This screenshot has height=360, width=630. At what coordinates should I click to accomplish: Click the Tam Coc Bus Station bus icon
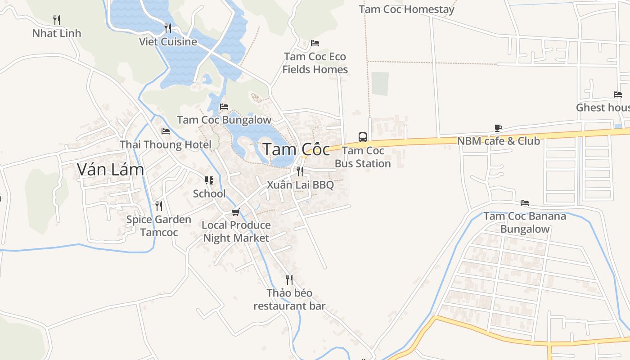pyautogui.click(x=362, y=137)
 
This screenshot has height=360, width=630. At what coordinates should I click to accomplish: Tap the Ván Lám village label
pyautogui.click(x=110, y=169)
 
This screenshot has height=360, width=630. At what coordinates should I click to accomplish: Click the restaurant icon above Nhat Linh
pyautogui.click(x=57, y=20)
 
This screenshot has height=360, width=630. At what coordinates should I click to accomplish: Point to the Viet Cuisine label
pyautogui.click(x=168, y=41)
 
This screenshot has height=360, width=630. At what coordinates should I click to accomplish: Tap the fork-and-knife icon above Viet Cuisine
pyautogui.click(x=168, y=28)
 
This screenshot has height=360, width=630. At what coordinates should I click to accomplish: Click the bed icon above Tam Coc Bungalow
pyautogui.click(x=224, y=107)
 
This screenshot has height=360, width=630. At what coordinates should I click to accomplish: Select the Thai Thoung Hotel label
pyautogui.click(x=165, y=144)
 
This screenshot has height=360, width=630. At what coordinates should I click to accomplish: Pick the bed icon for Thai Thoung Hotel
pyautogui.click(x=166, y=131)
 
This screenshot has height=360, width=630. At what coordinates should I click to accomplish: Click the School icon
pyautogui.click(x=209, y=180)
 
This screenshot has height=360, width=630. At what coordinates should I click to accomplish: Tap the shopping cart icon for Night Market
pyautogui.click(x=235, y=212)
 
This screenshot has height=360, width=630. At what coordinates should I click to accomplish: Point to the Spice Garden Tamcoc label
pyautogui.click(x=159, y=226)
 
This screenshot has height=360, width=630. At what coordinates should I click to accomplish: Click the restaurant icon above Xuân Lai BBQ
pyautogui.click(x=300, y=171)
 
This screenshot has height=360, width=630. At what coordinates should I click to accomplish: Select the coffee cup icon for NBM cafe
pyautogui.click(x=498, y=128)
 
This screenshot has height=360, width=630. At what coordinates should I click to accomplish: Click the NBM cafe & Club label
pyautogui.click(x=498, y=141)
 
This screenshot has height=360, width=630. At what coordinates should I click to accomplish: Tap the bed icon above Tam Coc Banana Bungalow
pyautogui.click(x=525, y=203)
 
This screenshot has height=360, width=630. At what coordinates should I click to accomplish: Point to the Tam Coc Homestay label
pyautogui.click(x=407, y=9)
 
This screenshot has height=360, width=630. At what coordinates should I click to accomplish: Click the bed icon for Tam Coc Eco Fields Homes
pyautogui.click(x=315, y=43)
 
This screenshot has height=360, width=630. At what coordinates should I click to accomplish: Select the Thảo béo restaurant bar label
pyautogui.click(x=289, y=300)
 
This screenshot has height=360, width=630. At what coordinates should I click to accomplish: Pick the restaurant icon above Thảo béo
pyautogui.click(x=289, y=280)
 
